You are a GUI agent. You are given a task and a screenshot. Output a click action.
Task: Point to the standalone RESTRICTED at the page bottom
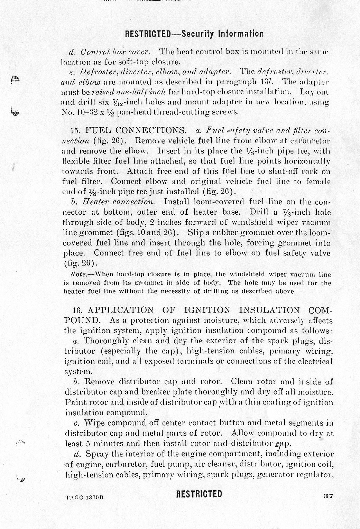pyautogui.click(x=199, y=494)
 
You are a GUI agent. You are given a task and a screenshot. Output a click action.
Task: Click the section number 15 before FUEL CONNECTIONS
pyautogui.click(x=75, y=131)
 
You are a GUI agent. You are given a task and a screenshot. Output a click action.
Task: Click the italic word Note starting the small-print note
pyautogui.click(x=76, y=275)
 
